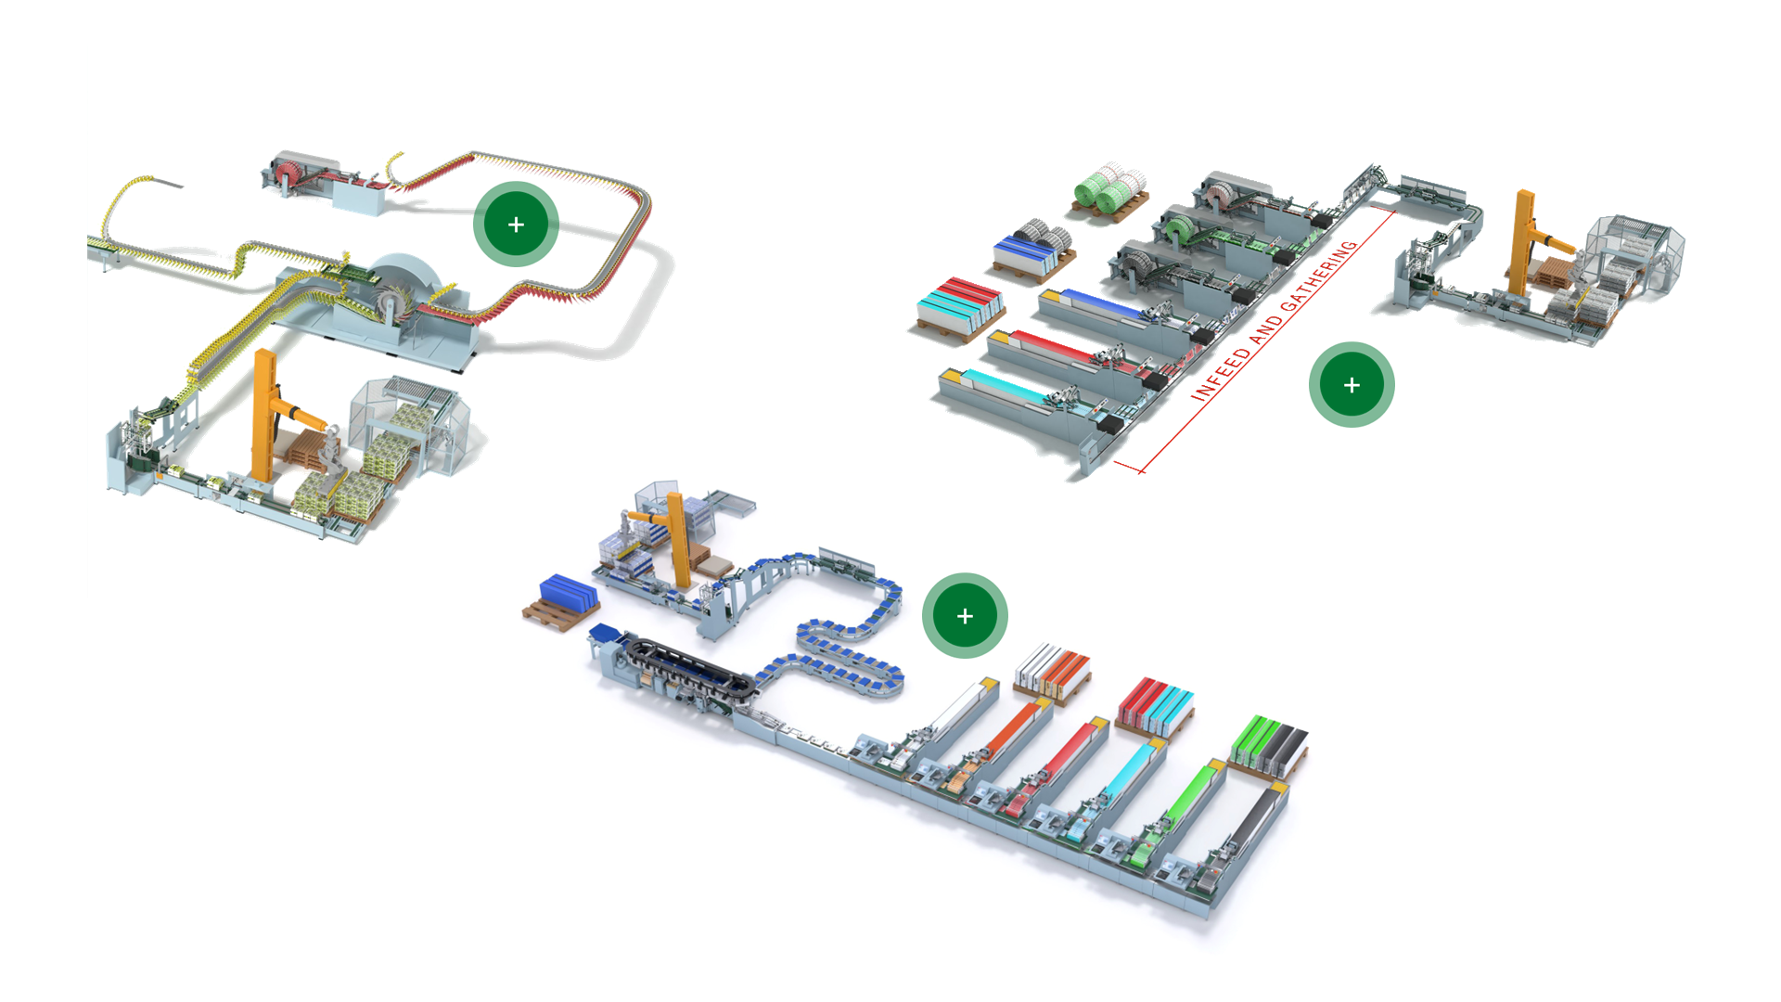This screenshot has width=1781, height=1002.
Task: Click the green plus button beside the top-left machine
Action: pyautogui.click(x=516, y=225)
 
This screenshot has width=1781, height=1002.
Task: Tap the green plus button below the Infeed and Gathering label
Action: pyautogui.click(x=1351, y=385)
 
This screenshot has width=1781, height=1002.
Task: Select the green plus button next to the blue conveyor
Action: pyautogui.click(x=965, y=616)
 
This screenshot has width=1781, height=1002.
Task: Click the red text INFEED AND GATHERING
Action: pyautogui.click(x=1275, y=321)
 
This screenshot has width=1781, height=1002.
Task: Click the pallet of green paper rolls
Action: pyautogui.click(x=1110, y=191)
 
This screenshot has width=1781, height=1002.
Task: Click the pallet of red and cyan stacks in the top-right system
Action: pyautogui.click(x=960, y=307)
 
